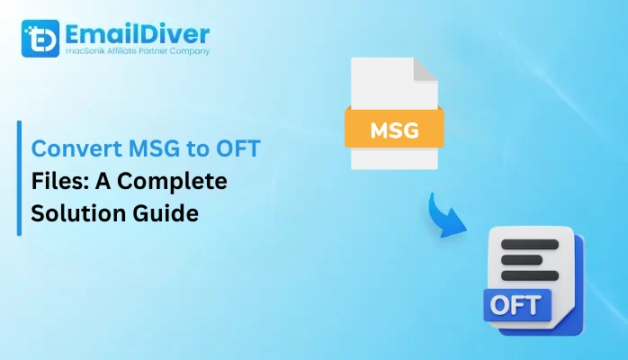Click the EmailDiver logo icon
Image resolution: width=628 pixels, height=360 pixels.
[x=39, y=40]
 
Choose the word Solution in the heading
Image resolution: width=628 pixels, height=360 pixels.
[x=74, y=216]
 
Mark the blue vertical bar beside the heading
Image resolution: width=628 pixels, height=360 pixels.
[x=19, y=179]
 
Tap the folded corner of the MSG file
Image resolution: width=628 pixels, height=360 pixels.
[x=426, y=73]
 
